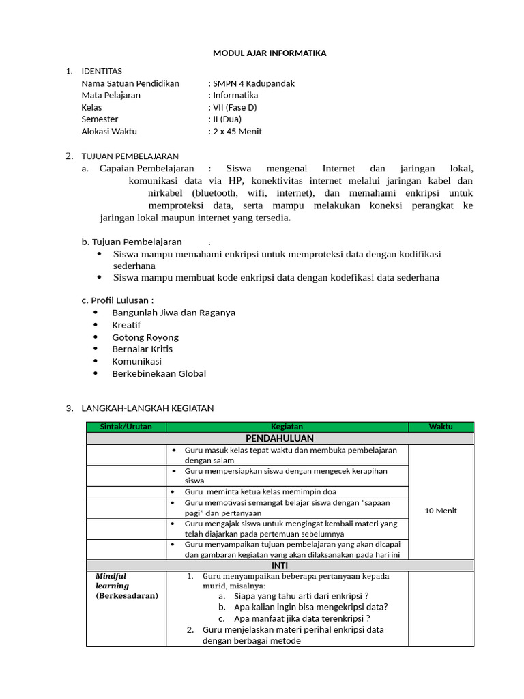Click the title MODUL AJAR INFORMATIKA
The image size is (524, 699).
pyautogui.click(x=270, y=53)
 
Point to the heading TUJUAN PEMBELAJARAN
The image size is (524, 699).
pyautogui.click(x=130, y=156)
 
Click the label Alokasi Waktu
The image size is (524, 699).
pyautogui.click(x=109, y=131)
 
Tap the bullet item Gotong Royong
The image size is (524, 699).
pyautogui.click(x=145, y=337)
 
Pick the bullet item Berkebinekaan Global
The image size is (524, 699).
pyautogui.click(x=159, y=373)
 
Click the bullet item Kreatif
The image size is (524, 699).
pyautogui.click(x=126, y=325)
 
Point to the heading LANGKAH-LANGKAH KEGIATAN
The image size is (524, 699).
pyautogui.click(x=147, y=408)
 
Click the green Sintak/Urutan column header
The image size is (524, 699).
pyautogui.click(x=126, y=427)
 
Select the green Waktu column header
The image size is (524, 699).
pyautogui.click(x=441, y=427)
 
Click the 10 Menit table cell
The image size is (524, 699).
pyautogui.click(x=441, y=511)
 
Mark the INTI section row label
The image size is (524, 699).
pyautogui.click(x=280, y=565)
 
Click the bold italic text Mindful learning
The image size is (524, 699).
pyautogui.click(x=112, y=581)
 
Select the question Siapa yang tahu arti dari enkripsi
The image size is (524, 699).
pyautogui.click(x=297, y=595)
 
